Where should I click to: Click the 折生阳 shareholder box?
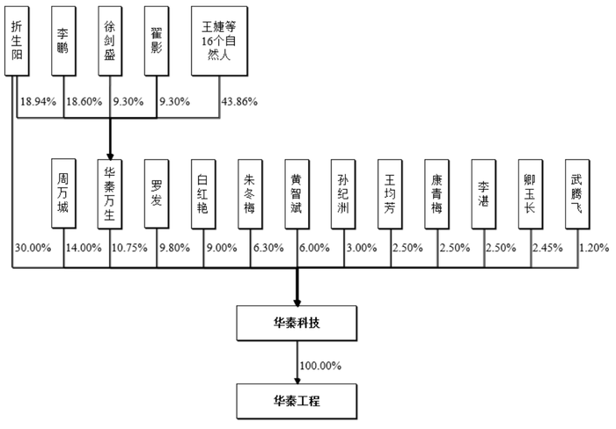pyautogui.click(x=17, y=40)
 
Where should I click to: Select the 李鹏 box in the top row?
pyautogui.click(x=63, y=40)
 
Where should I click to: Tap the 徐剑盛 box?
pyautogui.click(x=110, y=40)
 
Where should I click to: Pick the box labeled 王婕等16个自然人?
pyautogui.click(x=219, y=40)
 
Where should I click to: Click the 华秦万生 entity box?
pyautogui.click(x=110, y=194)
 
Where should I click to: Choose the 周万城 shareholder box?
pyautogui.click(x=63, y=194)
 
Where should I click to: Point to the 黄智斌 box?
pyautogui.click(x=297, y=194)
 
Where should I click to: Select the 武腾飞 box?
pyautogui.click(x=577, y=194)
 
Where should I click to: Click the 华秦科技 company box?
pyautogui.click(x=297, y=323)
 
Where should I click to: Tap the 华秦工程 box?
pyautogui.click(x=297, y=401)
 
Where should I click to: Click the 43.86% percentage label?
pyautogui.click(x=239, y=102)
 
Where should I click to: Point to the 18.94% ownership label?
pyautogui.click(x=38, y=102)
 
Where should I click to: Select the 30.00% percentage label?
pyautogui.click(x=33, y=248)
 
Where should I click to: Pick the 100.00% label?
pyautogui.click(x=320, y=366)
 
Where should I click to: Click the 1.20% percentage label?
pyautogui.click(x=594, y=248)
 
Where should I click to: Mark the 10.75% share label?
pyautogui.click(x=129, y=248)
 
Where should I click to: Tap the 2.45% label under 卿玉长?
pyautogui.click(x=547, y=248)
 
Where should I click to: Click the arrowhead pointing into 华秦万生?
pyautogui.click(x=110, y=156)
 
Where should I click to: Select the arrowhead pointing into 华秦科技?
pyautogui.click(x=297, y=303)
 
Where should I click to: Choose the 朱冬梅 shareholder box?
pyautogui.click(x=250, y=194)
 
